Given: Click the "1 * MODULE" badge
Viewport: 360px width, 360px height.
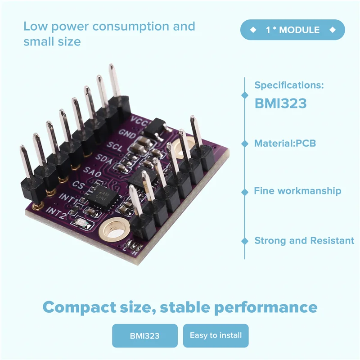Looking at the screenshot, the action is (x=292, y=30).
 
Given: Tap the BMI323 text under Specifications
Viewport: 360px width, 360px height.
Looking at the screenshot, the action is (x=280, y=103).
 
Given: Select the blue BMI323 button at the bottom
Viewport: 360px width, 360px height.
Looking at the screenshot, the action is (x=144, y=336).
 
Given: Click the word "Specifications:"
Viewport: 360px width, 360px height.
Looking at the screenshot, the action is (x=289, y=85).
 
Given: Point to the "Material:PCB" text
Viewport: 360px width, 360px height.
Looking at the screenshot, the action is (x=285, y=144).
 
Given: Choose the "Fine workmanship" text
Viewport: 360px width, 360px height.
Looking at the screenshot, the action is (x=297, y=191).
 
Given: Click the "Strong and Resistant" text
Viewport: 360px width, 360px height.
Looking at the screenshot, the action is (x=304, y=241).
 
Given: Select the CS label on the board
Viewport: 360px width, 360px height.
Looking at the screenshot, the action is (x=78, y=184).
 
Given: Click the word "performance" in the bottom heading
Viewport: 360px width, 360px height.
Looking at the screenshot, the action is (x=265, y=307).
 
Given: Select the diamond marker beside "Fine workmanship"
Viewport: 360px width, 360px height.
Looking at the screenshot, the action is (x=245, y=191).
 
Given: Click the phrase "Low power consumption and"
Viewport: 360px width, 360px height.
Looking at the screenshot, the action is (x=109, y=26).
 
